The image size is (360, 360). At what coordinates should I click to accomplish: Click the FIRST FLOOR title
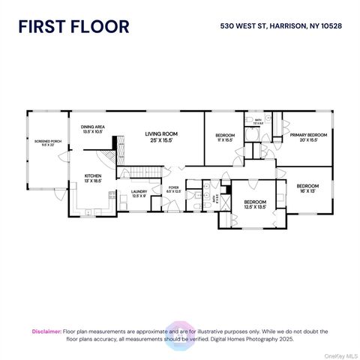(74, 26)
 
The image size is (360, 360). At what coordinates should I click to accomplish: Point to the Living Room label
(161, 134)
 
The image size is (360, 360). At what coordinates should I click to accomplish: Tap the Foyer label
(173, 190)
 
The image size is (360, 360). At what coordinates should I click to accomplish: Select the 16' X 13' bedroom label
(307, 187)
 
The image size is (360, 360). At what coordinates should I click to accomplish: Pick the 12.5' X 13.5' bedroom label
(255, 203)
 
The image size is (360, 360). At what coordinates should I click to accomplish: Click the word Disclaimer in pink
(46, 331)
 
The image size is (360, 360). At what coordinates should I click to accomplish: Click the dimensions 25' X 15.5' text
(161, 139)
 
